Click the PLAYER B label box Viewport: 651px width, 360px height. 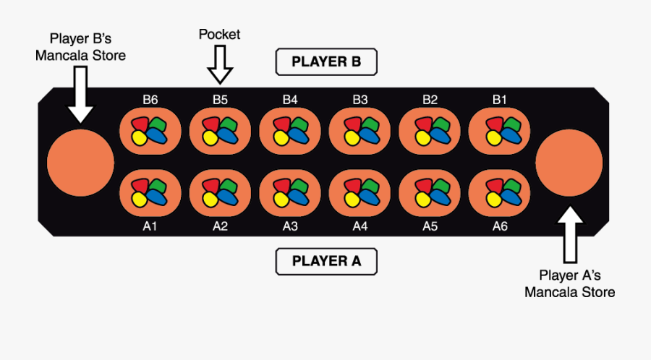click(x=326, y=62)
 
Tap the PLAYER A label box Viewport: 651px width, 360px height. click(x=326, y=261)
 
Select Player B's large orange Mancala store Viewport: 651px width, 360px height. click(x=80, y=163)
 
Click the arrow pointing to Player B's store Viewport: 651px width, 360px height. click(x=80, y=94)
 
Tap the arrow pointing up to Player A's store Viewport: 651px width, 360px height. click(x=570, y=235)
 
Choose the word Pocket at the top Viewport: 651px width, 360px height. click(x=220, y=34)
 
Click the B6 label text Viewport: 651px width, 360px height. click(x=150, y=100)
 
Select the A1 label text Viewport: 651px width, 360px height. click(x=150, y=226)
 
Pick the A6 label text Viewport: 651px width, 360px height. click(x=500, y=226)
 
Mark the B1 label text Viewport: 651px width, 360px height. click(x=500, y=100)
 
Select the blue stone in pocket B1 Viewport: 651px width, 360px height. click(x=510, y=136)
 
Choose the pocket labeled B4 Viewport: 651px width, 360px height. click(x=290, y=131)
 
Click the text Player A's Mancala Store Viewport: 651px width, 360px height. click(x=570, y=283)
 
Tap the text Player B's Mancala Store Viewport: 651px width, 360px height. click(x=80, y=46)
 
